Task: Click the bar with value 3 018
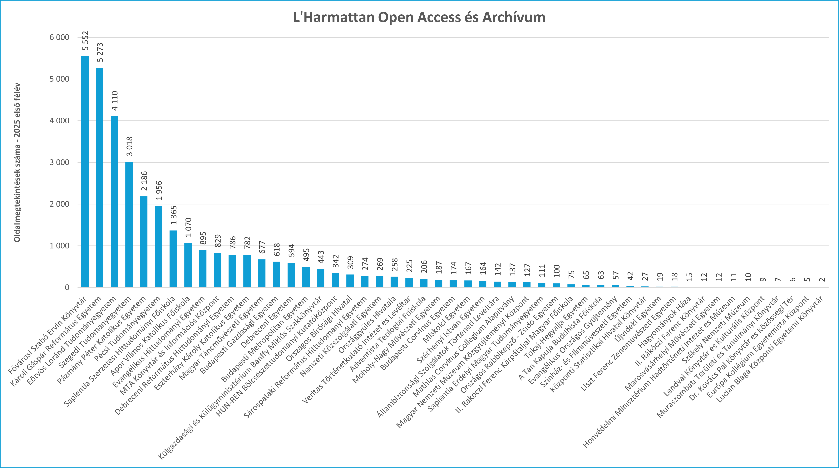coord(129,224)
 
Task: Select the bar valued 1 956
coord(159,247)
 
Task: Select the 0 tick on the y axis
coord(67,287)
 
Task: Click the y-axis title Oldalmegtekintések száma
coord(17,163)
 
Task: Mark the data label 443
coord(321,257)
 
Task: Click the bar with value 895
coord(203,269)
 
